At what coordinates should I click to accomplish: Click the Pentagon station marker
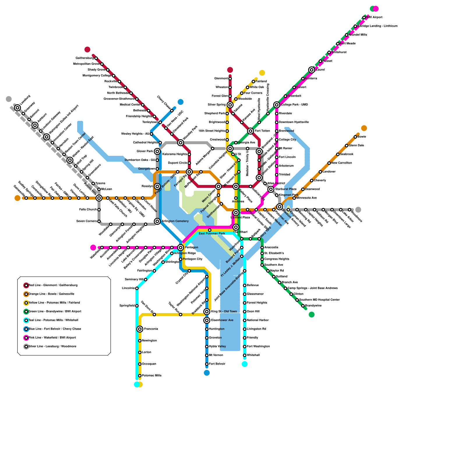pos(181,248)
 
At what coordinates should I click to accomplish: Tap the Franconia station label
pos(151,329)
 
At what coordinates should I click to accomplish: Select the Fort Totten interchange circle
pos(250,131)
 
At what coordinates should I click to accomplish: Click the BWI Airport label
pos(374,17)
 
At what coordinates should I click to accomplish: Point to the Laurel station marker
pos(312,70)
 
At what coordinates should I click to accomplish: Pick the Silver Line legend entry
pos(52,347)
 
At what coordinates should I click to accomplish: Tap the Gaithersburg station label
pos(85,58)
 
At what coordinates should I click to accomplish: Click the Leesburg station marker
pos(17,108)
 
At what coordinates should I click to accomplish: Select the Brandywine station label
pos(313,306)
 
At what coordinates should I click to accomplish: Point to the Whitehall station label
pos(253,355)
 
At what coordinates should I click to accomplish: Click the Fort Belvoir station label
pos(217,364)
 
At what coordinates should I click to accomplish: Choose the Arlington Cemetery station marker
pos(157,221)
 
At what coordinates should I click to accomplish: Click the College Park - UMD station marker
pos(277,105)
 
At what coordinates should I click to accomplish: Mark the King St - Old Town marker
pos(207,312)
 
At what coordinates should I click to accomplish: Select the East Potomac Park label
pos(212,234)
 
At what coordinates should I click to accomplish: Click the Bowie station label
pos(362,137)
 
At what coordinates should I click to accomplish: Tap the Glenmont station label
pos(221,79)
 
